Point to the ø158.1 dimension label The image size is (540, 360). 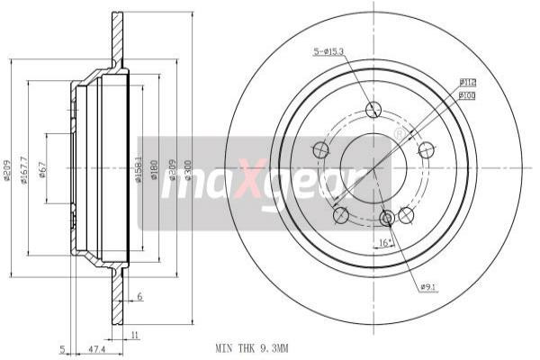point(139,168)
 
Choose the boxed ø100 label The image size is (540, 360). point(467,94)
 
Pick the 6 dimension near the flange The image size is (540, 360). point(140,297)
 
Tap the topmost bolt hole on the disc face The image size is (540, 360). point(373,112)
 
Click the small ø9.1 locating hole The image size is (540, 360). point(387,219)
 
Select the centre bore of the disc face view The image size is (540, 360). point(373,167)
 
